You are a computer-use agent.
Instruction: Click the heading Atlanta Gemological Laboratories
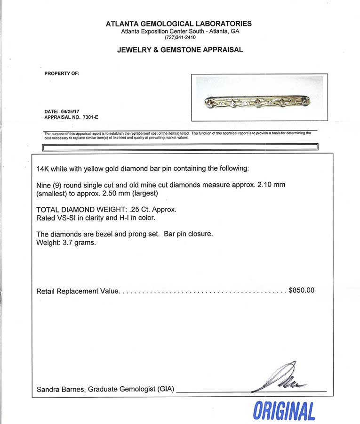point(179,24)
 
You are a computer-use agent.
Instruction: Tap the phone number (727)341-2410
point(180,38)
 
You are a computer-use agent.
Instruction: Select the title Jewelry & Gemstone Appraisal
point(180,50)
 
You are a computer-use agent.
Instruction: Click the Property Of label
point(62,73)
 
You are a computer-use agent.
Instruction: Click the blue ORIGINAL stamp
point(284,411)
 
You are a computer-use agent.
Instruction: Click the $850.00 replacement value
point(301,291)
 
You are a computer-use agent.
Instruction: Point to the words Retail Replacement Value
point(78,291)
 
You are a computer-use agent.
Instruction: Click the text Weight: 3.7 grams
point(66,244)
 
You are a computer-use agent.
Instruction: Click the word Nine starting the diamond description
point(44,185)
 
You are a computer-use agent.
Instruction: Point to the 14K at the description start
point(43,169)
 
